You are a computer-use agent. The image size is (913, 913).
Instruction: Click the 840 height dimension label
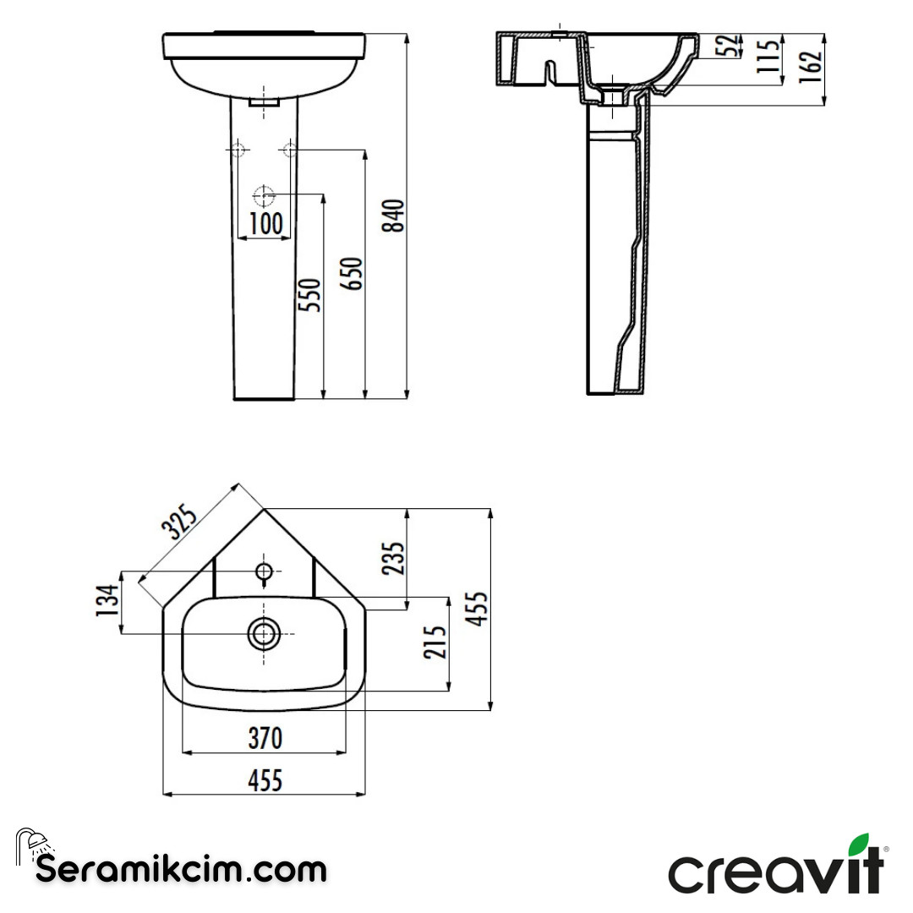pos(394,216)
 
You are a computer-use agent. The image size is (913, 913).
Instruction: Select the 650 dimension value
pos(353,273)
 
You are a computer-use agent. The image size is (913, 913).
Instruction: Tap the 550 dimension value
pos(312,294)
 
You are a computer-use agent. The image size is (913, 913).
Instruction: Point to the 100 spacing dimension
pos(265,224)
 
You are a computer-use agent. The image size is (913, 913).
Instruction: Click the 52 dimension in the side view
pos(727,47)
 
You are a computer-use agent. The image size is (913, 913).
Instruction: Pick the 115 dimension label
pos(768,57)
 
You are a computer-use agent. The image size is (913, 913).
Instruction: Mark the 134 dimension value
pos(106,601)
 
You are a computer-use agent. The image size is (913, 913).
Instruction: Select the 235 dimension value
pos(394,558)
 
